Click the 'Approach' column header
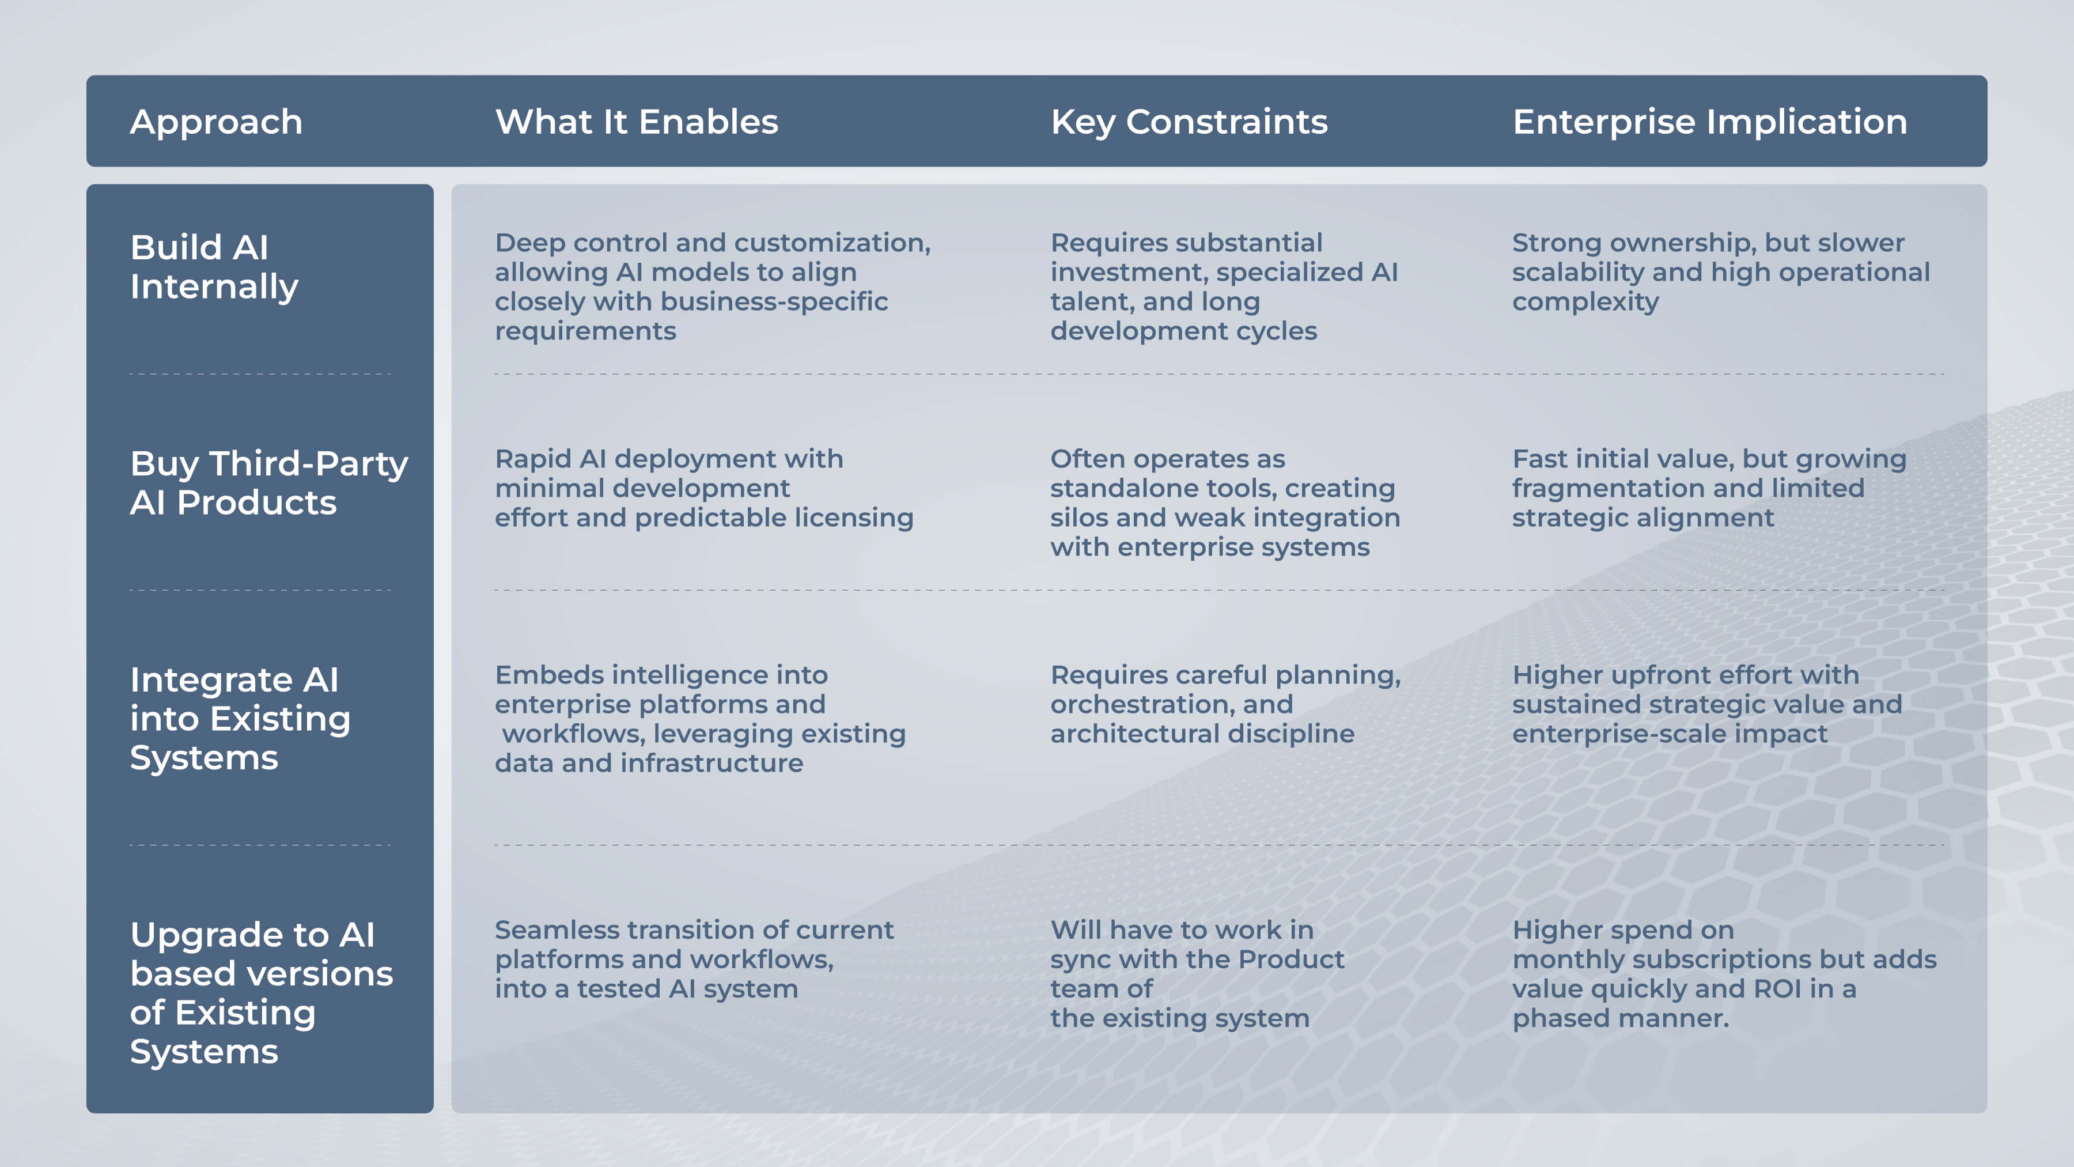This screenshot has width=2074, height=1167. tap(216, 122)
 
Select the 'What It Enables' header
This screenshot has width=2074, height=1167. tap(636, 122)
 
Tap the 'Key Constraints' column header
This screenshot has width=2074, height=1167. tap(1189, 122)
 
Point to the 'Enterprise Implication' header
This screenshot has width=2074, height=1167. tap(1709, 122)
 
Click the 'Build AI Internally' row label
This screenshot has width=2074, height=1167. tap(214, 267)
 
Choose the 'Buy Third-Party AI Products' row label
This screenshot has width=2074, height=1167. tap(269, 482)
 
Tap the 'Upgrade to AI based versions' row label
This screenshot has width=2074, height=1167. tap(262, 992)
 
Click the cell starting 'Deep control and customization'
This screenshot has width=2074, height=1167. tap(713, 287)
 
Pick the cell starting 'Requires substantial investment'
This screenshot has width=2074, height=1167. tap(1224, 287)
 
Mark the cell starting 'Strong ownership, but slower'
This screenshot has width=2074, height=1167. tap(1720, 272)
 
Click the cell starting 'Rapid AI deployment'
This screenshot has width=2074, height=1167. tap(703, 488)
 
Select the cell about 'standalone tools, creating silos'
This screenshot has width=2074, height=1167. tap(1225, 503)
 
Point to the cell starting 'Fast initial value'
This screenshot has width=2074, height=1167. tap(1709, 488)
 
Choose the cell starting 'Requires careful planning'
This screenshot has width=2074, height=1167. tap(1225, 704)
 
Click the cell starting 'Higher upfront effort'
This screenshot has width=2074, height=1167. tap(1707, 704)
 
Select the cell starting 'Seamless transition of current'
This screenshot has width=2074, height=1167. tap(694, 959)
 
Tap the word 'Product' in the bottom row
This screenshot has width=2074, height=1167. tap(1290, 959)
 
